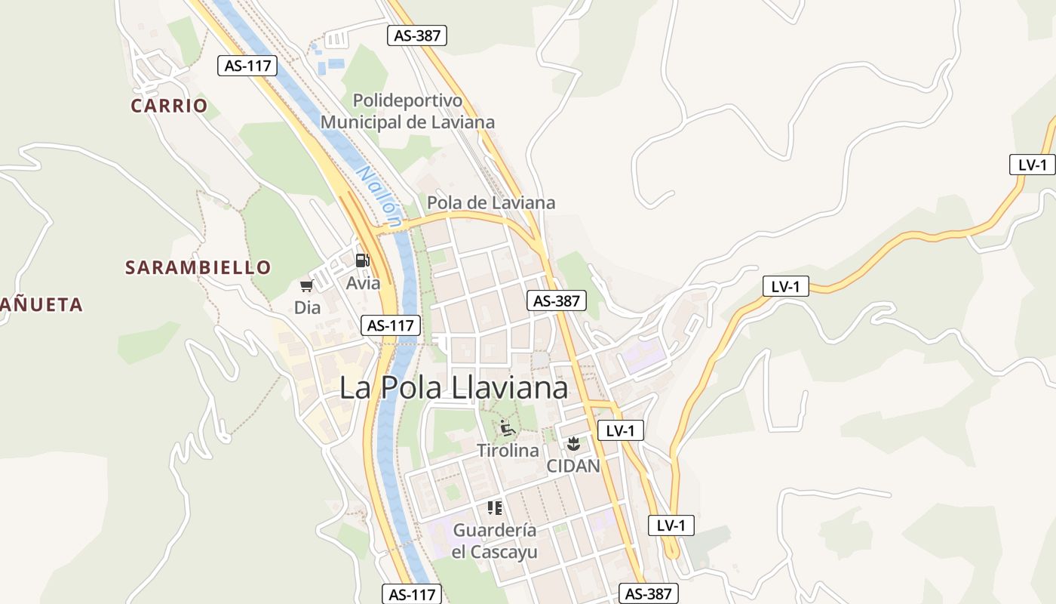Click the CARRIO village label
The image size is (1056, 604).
tap(169, 106)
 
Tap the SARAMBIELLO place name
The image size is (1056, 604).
tap(198, 267)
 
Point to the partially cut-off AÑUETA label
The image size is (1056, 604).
tap(41, 305)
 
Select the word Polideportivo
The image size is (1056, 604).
tap(407, 100)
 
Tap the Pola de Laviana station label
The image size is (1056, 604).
tap(491, 203)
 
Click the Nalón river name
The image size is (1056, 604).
tap(379, 196)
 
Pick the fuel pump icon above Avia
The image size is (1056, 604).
tap(363, 260)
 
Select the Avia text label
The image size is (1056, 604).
tap(363, 284)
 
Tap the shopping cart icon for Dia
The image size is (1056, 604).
tap(307, 285)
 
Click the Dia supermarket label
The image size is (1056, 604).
tap(307, 308)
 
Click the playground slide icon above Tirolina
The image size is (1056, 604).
tap(508, 428)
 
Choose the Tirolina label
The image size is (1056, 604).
tap(508, 451)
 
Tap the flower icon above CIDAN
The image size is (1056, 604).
tap(573, 444)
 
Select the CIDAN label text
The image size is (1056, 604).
tap(573, 466)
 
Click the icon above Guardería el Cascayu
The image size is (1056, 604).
tap(495, 508)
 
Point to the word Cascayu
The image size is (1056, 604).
tap(506, 553)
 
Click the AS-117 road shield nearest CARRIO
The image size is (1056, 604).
tap(247, 66)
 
